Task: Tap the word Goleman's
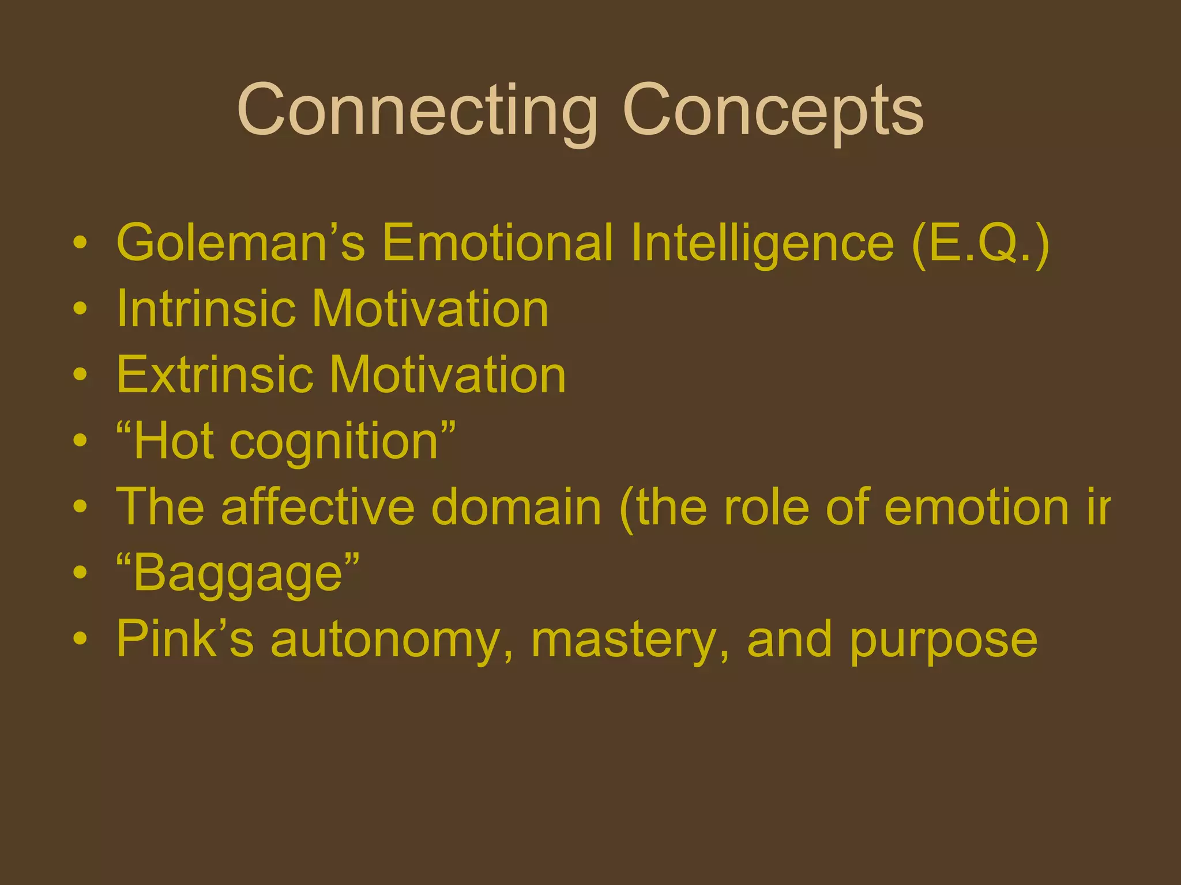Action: coord(240,243)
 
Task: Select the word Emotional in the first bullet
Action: coord(497,243)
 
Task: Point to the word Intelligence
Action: coord(762,243)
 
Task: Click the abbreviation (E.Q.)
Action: coord(980,243)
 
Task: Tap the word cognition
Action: coord(334,441)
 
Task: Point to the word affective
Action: coord(318,507)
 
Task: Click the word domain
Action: coord(516,507)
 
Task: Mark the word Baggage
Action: coord(238,573)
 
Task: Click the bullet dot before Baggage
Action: coord(81,573)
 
